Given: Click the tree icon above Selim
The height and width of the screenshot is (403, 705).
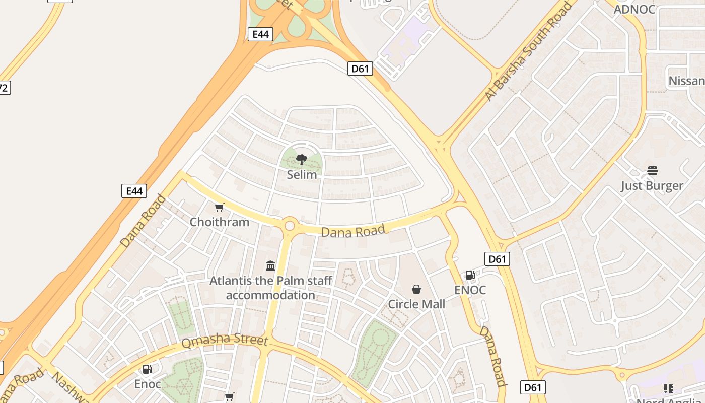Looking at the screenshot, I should coord(302,160).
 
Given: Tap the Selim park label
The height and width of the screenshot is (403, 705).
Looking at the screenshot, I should coord(302,175).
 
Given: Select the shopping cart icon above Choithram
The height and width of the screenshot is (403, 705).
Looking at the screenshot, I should coord(219,207).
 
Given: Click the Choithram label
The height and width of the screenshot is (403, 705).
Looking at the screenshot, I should coord(219,222).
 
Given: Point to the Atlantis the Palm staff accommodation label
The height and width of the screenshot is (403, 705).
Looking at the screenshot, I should coord(270,288).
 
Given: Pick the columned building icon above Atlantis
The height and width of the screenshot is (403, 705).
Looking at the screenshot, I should coord(270,265).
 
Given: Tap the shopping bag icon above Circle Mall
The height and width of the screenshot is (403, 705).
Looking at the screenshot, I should coord(416,289).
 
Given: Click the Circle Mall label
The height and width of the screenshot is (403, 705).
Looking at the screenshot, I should coord(416,304).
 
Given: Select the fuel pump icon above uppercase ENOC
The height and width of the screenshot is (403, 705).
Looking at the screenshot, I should coord(470,275).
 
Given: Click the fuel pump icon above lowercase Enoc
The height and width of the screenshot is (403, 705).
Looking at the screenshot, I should coord(147,369).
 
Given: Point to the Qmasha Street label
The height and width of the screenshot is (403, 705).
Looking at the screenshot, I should coord(225,340).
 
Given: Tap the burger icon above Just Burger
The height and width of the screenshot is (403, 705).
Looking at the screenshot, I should coord(652,171).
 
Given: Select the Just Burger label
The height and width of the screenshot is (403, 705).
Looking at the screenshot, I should coord(652,185).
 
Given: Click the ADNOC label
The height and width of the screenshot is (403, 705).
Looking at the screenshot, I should coord(634,9).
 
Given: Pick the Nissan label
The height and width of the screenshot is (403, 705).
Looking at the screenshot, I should coord(686,81).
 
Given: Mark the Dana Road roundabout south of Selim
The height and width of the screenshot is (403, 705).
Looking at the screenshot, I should coord(290,225).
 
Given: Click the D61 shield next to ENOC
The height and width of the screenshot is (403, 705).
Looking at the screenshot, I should coord(497,259).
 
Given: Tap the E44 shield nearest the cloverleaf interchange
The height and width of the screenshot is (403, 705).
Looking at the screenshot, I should coord(260,34).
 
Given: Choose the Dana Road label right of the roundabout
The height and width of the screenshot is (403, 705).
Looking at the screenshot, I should coord(353,231).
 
